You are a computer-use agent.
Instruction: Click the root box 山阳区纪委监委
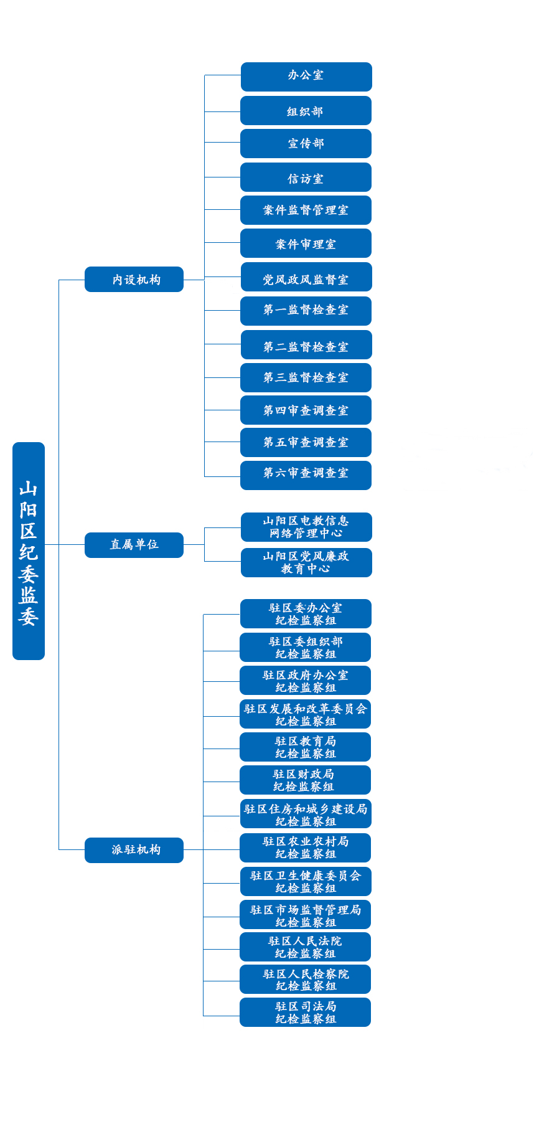tap(29, 551)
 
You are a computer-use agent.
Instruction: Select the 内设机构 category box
tap(134, 280)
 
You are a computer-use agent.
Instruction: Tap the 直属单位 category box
tap(134, 545)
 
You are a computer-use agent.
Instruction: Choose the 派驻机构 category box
tap(134, 850)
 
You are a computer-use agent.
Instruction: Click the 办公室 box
tap(306, 77)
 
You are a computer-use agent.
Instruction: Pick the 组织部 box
tap(306, 111)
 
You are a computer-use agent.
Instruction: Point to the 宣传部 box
tap(306, 143)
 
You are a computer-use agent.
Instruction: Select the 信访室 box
tap(306, 177)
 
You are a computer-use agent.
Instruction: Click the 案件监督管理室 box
tap(306, 210)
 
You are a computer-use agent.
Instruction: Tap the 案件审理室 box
tap(306, 243)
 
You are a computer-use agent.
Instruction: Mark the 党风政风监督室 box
tap(306, 277)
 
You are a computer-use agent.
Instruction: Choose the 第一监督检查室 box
tap(306, 311)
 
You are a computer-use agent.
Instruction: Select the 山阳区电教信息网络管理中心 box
tap(306, 527)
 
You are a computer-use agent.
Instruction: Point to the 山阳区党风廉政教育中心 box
tap(306, 562)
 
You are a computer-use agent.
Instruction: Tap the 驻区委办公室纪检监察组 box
tap(306, 614)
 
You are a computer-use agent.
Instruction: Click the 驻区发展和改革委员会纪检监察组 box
tap(305, 714)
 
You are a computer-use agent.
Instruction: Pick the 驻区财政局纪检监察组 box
tap(305, 780)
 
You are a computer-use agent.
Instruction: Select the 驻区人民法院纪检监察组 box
tap(305, 947)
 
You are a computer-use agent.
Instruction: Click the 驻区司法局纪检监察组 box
tap(305, 1013)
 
